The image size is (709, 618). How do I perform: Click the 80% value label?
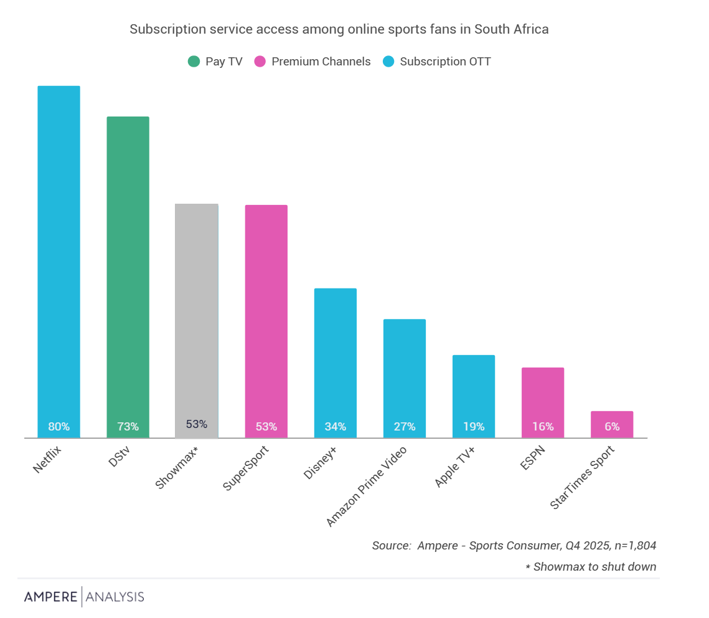[x=59, y=427]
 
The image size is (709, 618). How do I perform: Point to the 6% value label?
[x=612, y=427]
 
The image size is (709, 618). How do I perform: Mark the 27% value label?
[x=405, y=427]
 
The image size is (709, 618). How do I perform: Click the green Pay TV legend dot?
[x=194, y=62]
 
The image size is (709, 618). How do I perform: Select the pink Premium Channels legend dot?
[x=260, y=62]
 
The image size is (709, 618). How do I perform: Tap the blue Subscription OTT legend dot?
[x=389, y=62]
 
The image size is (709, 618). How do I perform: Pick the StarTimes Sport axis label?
[x=583, y=477]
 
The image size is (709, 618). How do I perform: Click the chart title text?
[x=339, y=29]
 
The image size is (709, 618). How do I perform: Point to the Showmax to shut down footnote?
[x=591, y=567]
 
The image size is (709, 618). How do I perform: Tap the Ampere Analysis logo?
[x=84, y=597]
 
